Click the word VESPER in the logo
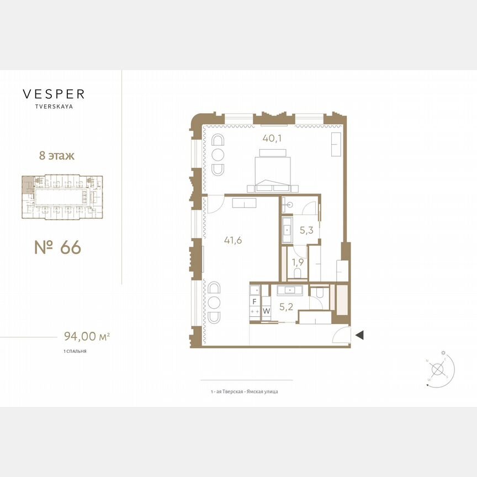tap(54, 94)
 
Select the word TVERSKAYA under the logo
tap(54, 107)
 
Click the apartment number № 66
tap(57, 248)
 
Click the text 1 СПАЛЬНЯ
tap(75, 351)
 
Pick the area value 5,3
tap(306, 230)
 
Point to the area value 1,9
tap(297, 262)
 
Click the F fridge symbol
tap(255, 301)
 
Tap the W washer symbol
tap(267, 311)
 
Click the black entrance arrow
tap(359, 335)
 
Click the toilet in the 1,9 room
tap(297, 273)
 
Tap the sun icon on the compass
tap(442, 352)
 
